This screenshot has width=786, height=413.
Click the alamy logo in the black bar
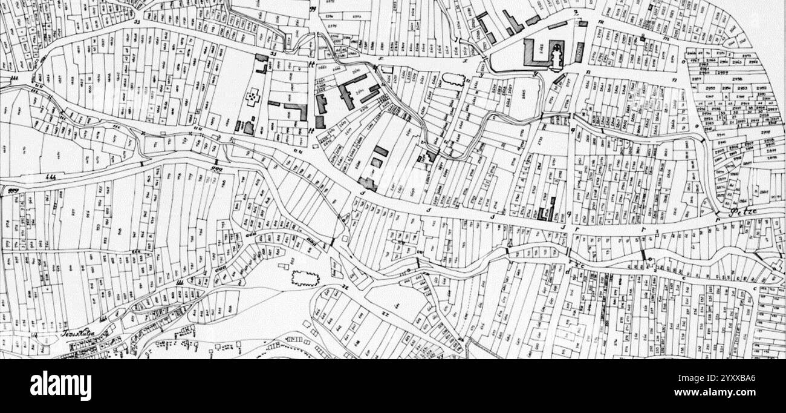[x=60, y=386]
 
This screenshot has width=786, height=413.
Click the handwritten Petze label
[x=744, y=213]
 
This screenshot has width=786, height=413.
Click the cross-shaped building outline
[x=252, y=97]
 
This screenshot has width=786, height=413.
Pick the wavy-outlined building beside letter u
[x=453, y=79]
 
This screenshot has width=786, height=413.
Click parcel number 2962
[x=753, y=61]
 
